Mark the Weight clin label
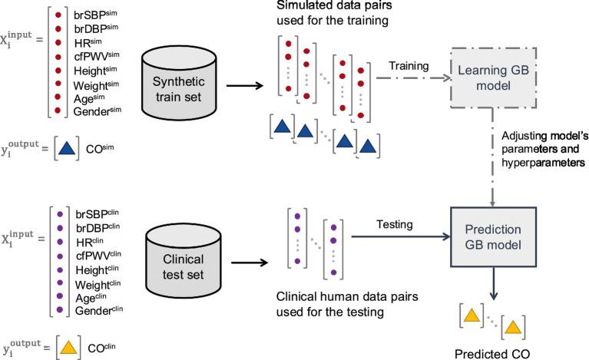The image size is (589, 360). (100, 282)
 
